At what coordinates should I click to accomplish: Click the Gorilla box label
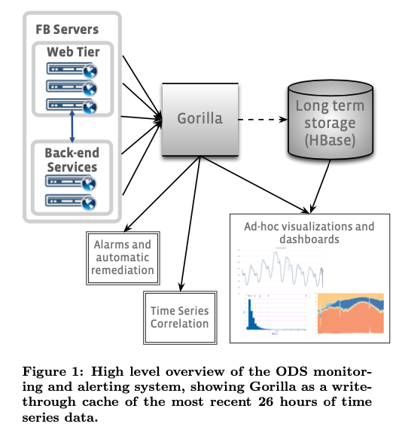[200, 118]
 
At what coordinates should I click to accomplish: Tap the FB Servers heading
[67, 29]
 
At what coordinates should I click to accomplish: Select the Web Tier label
[73, 52]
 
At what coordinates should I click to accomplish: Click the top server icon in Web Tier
[72, 70]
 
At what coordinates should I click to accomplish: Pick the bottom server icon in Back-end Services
[71, 202]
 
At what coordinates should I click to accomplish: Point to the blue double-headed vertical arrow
[72, 127]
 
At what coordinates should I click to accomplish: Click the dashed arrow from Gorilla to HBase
[263, 120]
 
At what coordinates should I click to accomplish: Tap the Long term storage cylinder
[331, 120]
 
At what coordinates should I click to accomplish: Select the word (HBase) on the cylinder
[330, 140]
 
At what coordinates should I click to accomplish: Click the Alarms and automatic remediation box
[123, 258]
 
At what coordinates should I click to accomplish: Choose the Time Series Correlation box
[180, 318]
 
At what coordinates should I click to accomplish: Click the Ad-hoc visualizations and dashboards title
[309, 233]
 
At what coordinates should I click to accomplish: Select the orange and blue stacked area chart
[350, 313]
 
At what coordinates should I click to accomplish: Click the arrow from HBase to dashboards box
[320, 187]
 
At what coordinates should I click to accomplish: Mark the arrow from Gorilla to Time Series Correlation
[190, 224]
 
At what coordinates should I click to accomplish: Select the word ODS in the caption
[291, 371]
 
